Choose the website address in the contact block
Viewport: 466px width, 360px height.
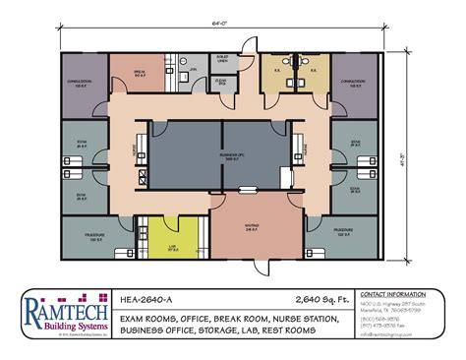pyautogui.click(x=388, y=348)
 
